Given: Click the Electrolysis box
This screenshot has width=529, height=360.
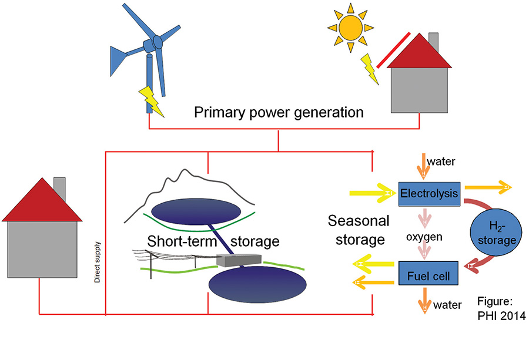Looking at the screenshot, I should (428, 193).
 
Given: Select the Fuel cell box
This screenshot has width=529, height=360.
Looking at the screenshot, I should (428, 274).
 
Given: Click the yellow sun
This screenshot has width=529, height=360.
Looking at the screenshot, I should (351, 27).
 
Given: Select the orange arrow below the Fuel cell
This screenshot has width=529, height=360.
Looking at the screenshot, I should (423, 302).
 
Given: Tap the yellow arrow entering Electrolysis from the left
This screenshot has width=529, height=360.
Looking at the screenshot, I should (371, 193).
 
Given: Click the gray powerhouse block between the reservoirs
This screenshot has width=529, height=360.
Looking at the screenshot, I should (232, 260).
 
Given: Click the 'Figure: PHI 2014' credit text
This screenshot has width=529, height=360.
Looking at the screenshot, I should (496, 309).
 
